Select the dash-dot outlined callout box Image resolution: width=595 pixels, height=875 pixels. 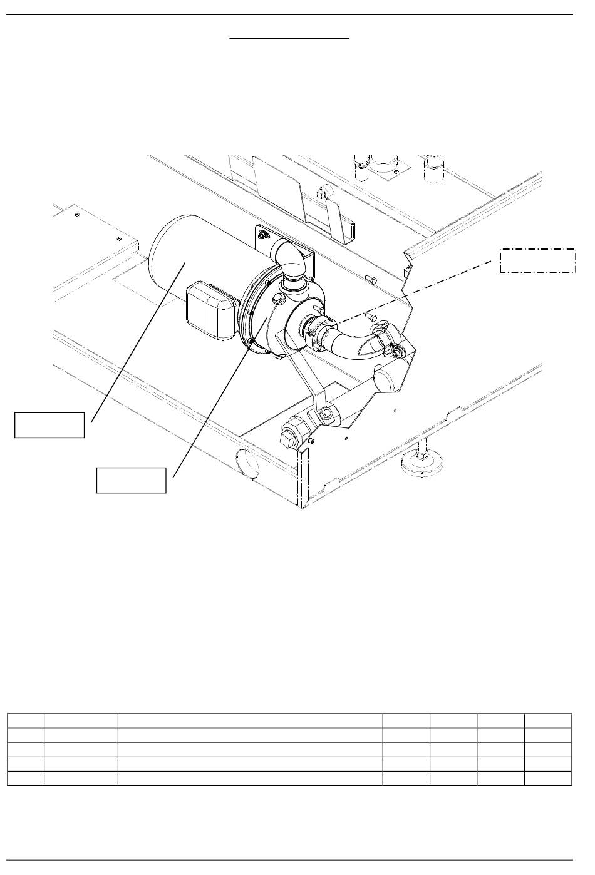point(537,260)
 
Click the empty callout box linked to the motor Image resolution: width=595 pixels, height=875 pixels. point(49,424)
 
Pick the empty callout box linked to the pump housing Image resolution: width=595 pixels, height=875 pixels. point(131,480)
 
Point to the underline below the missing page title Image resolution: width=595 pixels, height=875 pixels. point(289,38)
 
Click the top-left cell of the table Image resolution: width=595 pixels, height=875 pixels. point(26,720)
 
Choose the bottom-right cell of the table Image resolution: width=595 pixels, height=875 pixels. point(548,778)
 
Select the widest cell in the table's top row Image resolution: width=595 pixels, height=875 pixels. point(251,720)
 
